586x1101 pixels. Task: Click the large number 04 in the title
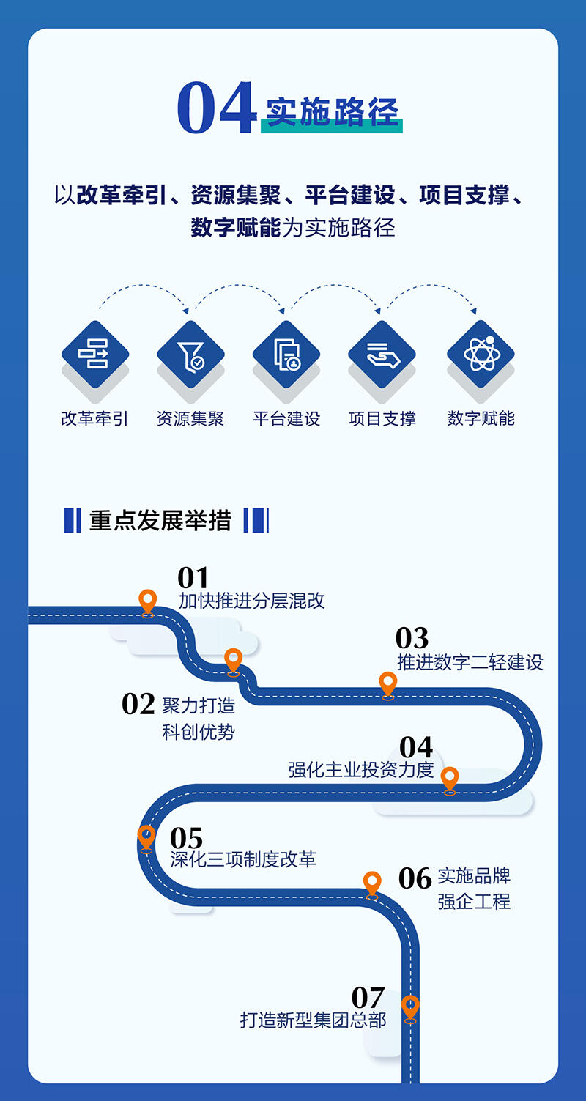click(x=216, y=109)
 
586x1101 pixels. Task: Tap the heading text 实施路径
click(x=332, y=111)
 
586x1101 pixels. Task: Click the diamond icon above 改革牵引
click(x=95, y=355)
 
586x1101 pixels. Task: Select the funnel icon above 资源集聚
click(x=190, y=355)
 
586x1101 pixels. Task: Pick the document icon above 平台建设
click(x=286, y=355)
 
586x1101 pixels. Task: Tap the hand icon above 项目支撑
click(x=382, y=355)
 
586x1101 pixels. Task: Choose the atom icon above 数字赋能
click(x=481, y=355)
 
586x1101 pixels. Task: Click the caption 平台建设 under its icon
click(x=286, y=419)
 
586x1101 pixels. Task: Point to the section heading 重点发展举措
click(x=160, y=520)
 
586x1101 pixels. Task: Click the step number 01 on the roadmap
click(x=193, y=578)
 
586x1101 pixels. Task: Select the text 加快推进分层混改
click(x=252, y=601)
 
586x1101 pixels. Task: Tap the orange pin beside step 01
click(x=148, y=602)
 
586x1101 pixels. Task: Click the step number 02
click(x=138, y=704)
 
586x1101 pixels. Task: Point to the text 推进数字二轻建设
click(x=470, y=662)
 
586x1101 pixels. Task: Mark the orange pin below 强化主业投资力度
click(x=450, y=779)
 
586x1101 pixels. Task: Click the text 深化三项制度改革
click(x=243, y=859)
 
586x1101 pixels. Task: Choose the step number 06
click(x=415, y=878)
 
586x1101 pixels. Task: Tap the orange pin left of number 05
click(x=146, y=837)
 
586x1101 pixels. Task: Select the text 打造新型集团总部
click(x=313, y=1020)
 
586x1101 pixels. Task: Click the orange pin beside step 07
click(x=410, y=1007)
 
